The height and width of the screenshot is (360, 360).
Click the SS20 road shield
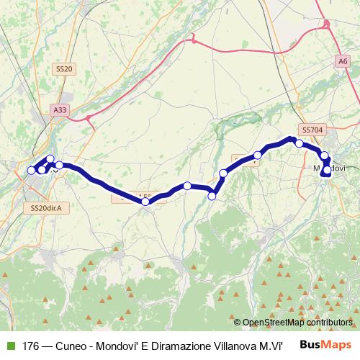tap(63, 68)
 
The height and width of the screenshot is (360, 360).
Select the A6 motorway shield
tap(341, 62)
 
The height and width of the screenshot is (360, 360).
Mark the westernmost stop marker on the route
tap(31, 171)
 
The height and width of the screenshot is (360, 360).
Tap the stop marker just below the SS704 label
tap(300, 143)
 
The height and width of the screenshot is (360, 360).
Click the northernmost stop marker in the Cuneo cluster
tap(50, 159)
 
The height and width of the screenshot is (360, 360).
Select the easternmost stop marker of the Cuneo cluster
tap(60, 165)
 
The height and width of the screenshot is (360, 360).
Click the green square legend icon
tap(9, 346)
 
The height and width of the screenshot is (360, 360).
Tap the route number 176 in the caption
tap(30, 346)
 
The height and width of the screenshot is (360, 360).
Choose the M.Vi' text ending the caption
tap(270, 346)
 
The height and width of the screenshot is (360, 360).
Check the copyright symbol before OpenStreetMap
tap(238, 323)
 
